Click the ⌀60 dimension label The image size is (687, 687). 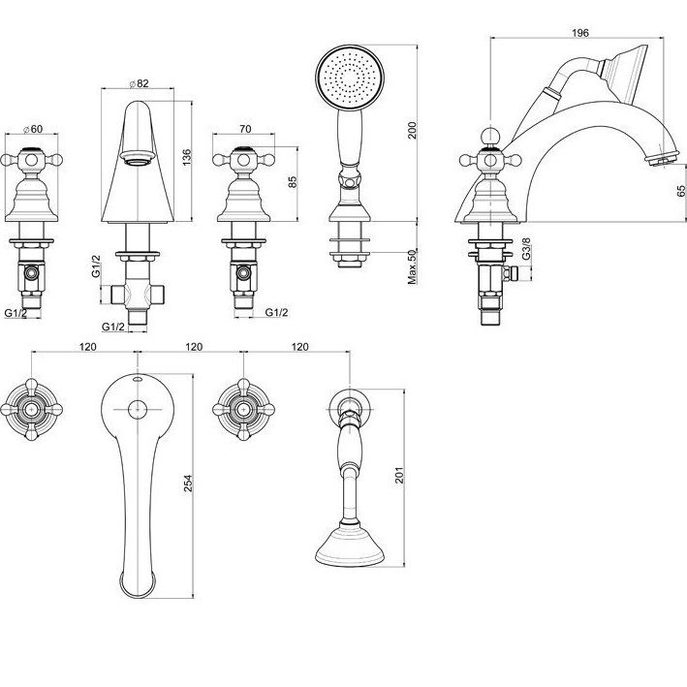coord(33,129)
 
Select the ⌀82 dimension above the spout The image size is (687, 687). coord(140,83)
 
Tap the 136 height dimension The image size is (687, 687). coord(187,157)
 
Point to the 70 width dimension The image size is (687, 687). coord(246,128)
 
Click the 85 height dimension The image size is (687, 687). coord(293,182)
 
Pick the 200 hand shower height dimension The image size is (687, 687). coord(413,130)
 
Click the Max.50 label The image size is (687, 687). coord(413,266)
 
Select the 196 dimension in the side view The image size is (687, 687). coord(580,33)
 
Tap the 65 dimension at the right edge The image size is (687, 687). coord(681,191)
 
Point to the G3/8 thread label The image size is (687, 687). coord(526,248)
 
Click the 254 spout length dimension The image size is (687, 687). coord(188,484)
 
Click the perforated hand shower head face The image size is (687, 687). coord(350,78)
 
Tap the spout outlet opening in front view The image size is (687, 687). coord(138,157)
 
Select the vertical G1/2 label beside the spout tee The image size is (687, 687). coord(96,265)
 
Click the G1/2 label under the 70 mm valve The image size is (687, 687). coord(277,312)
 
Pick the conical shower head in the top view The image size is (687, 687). coord(350,545)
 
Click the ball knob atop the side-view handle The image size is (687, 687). coord(490,136)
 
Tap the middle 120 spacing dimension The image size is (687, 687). coord(194,347)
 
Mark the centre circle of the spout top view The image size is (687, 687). coord(138,410)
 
